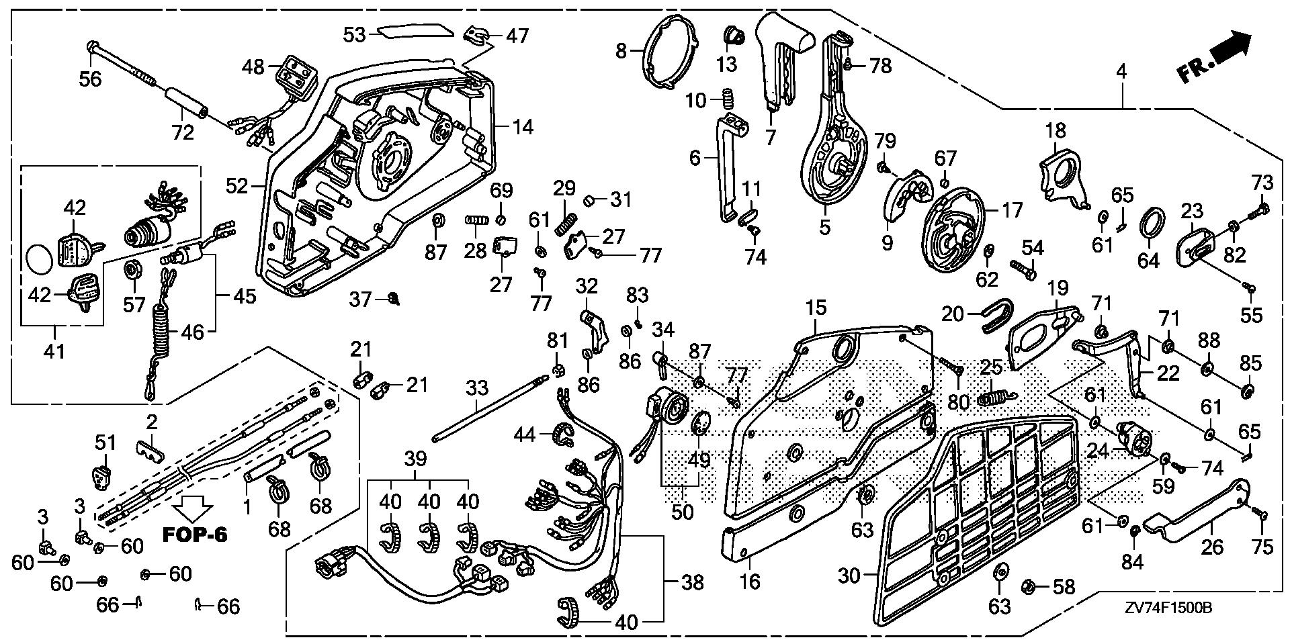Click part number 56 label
point(90,79)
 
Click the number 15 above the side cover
point(816,308)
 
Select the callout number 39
point(416,459)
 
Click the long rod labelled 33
point(487,410)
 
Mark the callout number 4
point(1121,70)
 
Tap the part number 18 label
point(1055,131)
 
